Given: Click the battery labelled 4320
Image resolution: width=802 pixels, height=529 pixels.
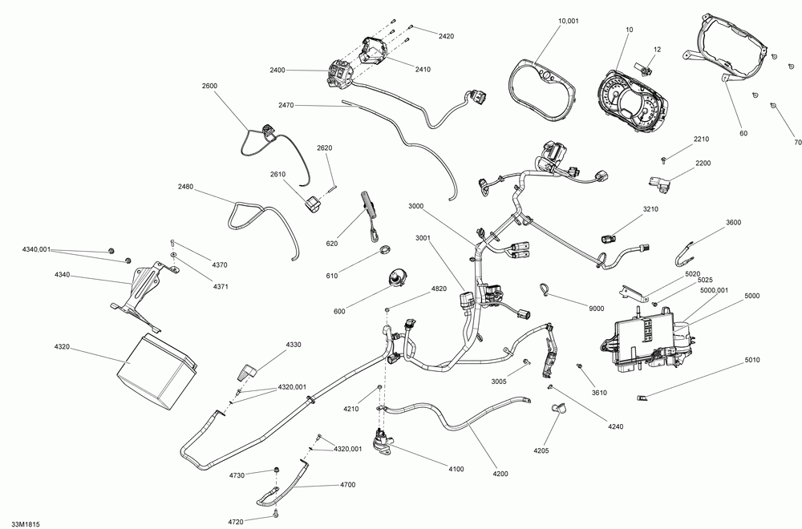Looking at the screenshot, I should [156, 371].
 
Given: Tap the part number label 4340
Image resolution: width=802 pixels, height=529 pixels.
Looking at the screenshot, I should [63, 275].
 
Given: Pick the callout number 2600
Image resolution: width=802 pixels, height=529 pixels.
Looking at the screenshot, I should [210, 86].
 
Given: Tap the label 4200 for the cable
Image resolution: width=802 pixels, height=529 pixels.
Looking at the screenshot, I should [500, 474].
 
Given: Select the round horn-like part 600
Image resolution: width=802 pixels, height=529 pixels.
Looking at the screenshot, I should [397, 278].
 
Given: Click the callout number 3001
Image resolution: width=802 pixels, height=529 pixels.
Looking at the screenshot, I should [424, 238].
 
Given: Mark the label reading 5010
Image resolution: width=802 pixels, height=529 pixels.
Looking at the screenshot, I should [751, 360].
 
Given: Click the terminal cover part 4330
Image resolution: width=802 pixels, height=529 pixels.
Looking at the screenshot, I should [248, 371].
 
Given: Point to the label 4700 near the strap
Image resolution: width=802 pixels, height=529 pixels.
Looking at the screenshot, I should [348, 485].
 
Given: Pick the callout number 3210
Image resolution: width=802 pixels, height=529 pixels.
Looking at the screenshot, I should [650, 209].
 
